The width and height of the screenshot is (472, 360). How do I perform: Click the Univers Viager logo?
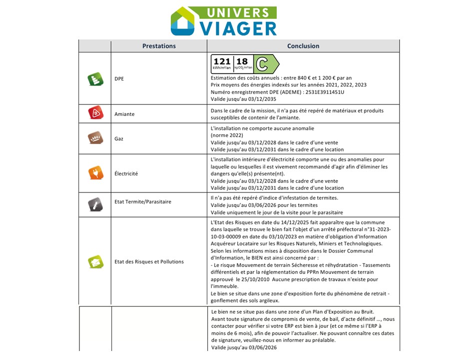[x=223, y=21]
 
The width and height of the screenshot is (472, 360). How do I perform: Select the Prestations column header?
[x=159, y=46]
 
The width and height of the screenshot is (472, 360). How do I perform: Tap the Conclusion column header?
[x=303, y=46]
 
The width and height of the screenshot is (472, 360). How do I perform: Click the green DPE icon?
[x=95, y=79]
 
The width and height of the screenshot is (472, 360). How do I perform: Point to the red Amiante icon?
[x=95, y=113]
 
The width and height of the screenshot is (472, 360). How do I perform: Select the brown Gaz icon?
[x=95, y=138]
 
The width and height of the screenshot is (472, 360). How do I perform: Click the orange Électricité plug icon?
[x=95, y=173]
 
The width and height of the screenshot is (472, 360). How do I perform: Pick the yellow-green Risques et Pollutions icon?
[x=95, y=261]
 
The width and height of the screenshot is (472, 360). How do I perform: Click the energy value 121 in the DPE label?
[x=222, y=61]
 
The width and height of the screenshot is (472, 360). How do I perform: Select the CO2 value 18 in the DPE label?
[x=242, y=61]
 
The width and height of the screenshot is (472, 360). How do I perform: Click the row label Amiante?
[x=124, y=114]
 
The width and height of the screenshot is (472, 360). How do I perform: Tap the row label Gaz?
[x=119, y=138]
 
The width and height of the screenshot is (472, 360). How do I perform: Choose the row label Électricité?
[x=126, y=173]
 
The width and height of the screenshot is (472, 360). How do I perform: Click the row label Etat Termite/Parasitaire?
[x=143, y=202]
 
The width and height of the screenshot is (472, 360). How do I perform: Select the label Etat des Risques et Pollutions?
[x=149, y=261]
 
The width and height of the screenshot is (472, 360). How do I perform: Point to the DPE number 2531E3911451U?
[x=321, y=92]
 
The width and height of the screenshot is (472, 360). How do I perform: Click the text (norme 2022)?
[x=227, y=135]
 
